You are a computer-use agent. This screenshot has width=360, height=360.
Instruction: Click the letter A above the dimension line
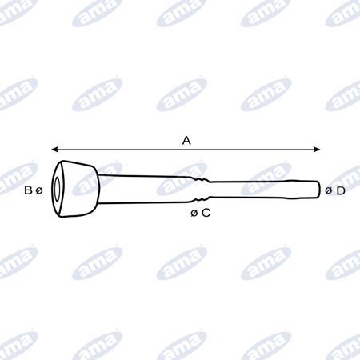click(186, 140)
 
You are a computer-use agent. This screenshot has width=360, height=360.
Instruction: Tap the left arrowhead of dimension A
click(54, 150)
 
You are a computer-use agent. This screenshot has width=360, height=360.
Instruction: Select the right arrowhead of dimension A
click(317, 150)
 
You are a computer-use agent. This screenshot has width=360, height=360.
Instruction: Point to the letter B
click(28, 190)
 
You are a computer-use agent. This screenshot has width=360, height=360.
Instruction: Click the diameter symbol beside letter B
click(39, 190)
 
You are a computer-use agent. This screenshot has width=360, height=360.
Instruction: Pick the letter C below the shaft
click(206, 213)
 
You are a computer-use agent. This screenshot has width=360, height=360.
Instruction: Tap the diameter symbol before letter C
click(194, 213)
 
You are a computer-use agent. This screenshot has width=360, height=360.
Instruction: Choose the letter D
click(341, 190)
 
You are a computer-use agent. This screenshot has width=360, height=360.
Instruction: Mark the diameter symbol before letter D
click(328, 190)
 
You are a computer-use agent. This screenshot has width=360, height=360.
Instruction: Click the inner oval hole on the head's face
click(57, 189)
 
